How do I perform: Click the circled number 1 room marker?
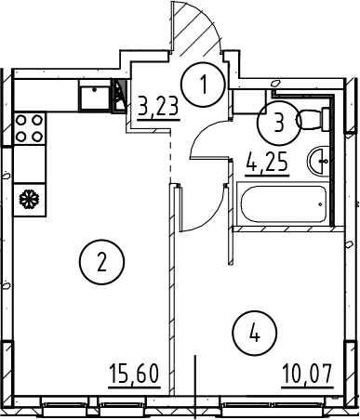pos(203,84)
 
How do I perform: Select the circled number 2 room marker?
pos(101,262)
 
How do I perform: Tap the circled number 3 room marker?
pos(279,123)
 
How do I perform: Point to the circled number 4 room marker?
pos(254,333)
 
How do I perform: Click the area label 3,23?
pos(159,108)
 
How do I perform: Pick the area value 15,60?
pos(134,374)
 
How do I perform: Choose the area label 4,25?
pos(267,163)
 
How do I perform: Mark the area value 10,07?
pos(308,374)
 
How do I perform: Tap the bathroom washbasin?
pos(318,161)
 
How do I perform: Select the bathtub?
pos(283,203)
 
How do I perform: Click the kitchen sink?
pos(95,98)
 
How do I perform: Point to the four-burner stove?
pos(30,128)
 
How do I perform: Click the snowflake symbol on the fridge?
pos(29,199)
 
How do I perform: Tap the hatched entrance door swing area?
pos(195,30)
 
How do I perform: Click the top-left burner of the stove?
pos(21,120)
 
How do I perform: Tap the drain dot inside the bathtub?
pos(320,204)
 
